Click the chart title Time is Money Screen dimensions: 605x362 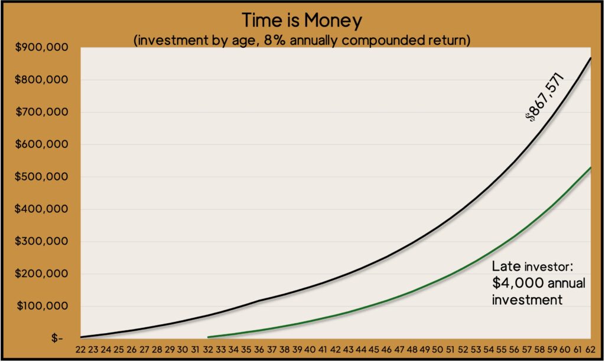click(x=302, y=21)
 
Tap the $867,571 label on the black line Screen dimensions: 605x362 click(x=544, y=97)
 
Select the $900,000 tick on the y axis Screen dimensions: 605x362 click(x=41, y=47)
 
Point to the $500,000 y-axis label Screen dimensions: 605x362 click(x=41, y=177)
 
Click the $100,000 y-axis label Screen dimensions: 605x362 click(x=42, y=306)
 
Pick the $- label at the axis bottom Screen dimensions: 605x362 click(x=57, y=338)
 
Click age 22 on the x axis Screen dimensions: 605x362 click(x=80, y=350)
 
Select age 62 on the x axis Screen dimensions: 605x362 click(x=590, y=350)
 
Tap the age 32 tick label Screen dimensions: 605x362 click(x=208, y=350)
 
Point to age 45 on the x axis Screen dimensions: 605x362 click(x=373, y=350)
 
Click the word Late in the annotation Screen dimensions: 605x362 click(x=506, y=266)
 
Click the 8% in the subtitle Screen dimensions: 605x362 click(x=275, y=41)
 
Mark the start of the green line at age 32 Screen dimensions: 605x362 click(x=208, y=337)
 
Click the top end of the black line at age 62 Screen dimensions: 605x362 click(x=590, y=58)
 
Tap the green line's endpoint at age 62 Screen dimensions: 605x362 click(x=590, y=167)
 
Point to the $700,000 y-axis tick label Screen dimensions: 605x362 click(x=41, y=112)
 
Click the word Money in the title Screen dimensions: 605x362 click(x=333, y=21)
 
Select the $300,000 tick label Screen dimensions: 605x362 click(x=41, y=242)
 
